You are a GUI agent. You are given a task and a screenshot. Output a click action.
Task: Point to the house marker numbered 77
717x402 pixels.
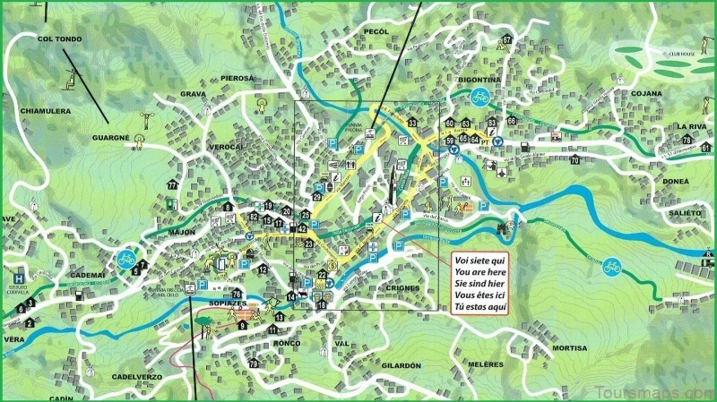171,185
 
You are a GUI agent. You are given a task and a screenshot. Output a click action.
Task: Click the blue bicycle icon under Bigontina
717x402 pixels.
479,97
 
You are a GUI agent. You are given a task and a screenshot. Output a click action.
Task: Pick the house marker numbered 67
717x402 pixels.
507,40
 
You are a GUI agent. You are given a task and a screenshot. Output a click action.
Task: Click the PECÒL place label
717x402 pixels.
376,31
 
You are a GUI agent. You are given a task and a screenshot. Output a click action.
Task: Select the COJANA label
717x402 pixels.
645,92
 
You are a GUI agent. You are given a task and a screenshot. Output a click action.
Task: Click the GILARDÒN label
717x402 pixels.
400,366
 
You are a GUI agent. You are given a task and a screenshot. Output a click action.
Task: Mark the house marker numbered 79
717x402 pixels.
254,364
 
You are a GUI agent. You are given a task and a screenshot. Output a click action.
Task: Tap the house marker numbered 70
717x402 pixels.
574,160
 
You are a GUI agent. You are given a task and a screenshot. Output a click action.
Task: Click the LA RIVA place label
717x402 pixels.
692,126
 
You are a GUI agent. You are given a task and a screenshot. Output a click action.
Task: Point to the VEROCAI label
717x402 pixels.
226,145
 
